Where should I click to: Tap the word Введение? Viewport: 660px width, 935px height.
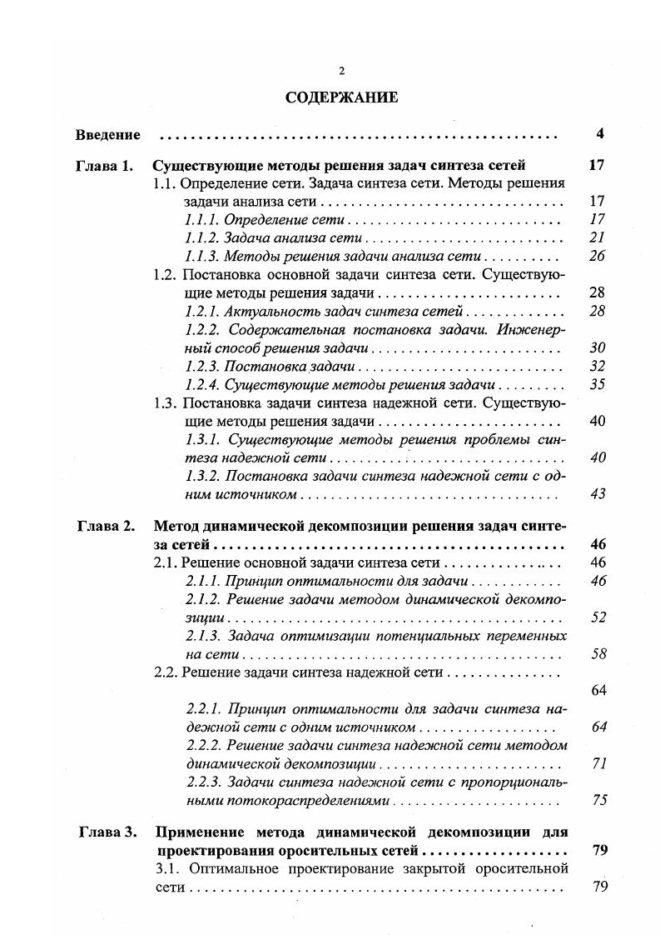pos(107,134)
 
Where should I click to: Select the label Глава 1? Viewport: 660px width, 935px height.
pos(106,165)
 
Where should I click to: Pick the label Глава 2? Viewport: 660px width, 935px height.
pos(106,527)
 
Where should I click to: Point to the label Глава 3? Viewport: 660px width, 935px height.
pos(107,832)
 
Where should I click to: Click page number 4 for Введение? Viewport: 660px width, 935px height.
pos(599,134)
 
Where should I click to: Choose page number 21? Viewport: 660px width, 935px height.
pos(597,238)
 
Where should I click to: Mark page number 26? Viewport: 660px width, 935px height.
pos(597,257)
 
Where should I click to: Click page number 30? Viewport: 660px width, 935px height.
pos(597,348)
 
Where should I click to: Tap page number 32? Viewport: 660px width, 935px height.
pos(597,367)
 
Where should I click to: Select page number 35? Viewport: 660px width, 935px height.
pos(597,385)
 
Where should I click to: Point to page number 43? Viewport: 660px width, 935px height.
pos(597,495)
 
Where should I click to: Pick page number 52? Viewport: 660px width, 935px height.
pos(597,618)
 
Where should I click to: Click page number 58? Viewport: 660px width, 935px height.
pos(597,655)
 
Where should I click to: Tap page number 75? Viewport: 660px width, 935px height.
pos(597,801)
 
